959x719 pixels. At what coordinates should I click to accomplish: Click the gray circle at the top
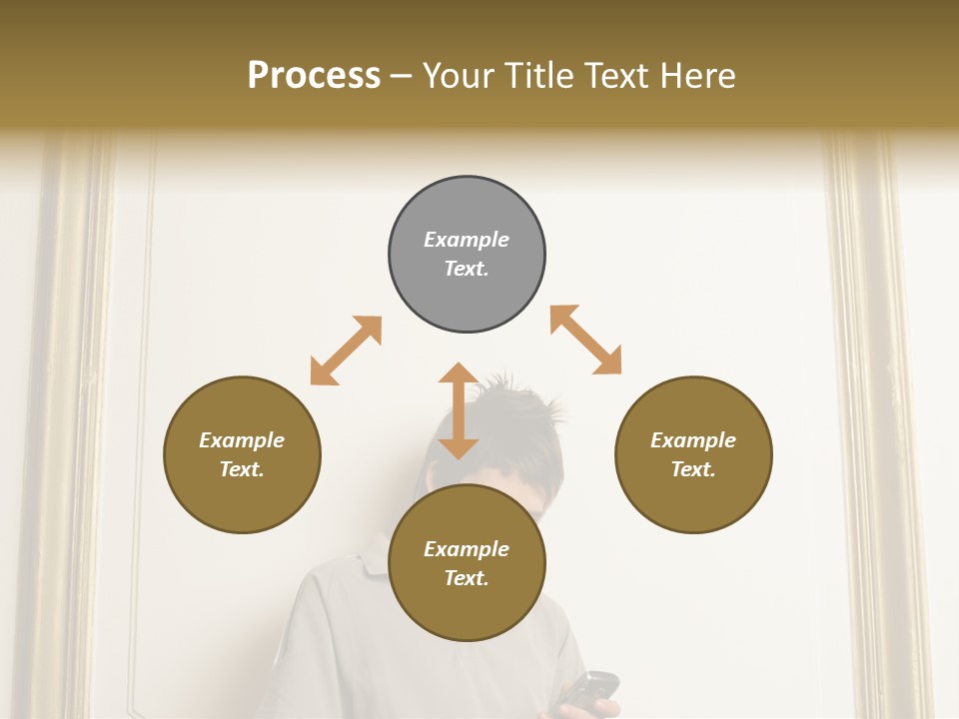(x=467, y=255)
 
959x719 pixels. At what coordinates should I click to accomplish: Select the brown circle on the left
(x=242, y=454)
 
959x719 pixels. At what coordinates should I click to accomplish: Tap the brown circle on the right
(x=693, y=454)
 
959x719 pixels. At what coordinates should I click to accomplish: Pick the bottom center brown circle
(x=467, y=563)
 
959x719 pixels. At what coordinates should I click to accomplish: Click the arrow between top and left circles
(x=346, y=351)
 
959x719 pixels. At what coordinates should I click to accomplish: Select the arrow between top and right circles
(x=586, y=340)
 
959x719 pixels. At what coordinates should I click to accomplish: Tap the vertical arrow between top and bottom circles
(x=459, y=410)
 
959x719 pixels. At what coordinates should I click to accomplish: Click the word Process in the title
(x=314, y=76)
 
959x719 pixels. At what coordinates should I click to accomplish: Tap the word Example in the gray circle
(x=467, y=240)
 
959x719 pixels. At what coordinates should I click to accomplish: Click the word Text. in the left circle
(x=242, y=469)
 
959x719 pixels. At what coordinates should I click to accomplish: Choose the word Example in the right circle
(x=693, y=440)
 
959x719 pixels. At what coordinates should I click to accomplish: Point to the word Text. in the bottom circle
(x=467, y=578)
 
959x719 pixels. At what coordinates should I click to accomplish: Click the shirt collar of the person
(x=375, y=559)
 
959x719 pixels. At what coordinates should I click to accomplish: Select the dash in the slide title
(x=402, y=76)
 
